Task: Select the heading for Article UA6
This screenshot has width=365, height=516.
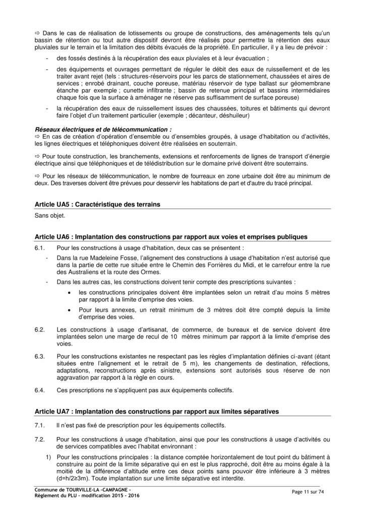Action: tap(170, 236)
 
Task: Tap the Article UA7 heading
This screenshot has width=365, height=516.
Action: tap(156, 411)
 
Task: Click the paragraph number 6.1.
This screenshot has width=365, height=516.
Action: tap(40, 248)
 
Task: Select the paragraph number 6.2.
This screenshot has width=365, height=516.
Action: tap(40, 330)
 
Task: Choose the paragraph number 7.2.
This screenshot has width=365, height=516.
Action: tap(40, 439)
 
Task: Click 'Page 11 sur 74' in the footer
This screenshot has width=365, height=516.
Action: tap(310, 491)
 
